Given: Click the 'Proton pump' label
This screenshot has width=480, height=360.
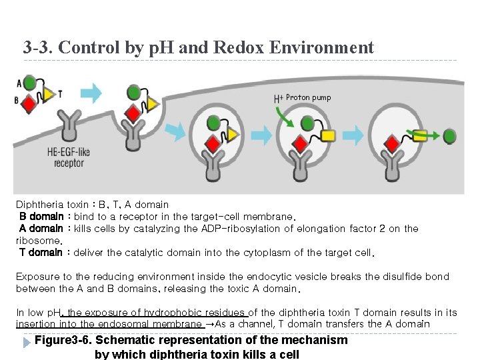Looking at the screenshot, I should tap(308, 97).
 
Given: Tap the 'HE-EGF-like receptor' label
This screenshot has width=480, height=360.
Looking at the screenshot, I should tap(69, 157).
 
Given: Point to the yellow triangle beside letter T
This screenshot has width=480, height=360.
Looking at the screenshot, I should tap(49, 93).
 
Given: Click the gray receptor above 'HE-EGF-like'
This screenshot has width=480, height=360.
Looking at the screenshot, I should tap(67, 127).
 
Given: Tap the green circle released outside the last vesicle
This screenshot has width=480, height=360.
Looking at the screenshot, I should tap(449, 135).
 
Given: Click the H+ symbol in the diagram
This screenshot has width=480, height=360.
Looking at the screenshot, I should tap(279, 99).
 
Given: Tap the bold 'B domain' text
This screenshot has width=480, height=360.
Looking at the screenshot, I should tap(41, 217).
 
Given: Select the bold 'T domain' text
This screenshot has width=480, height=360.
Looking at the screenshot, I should tap(41, 253).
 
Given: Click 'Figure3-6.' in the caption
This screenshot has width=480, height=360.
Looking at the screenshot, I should tap(65, 340).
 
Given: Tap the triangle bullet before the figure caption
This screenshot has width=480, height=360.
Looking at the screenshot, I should tap(26, 341).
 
